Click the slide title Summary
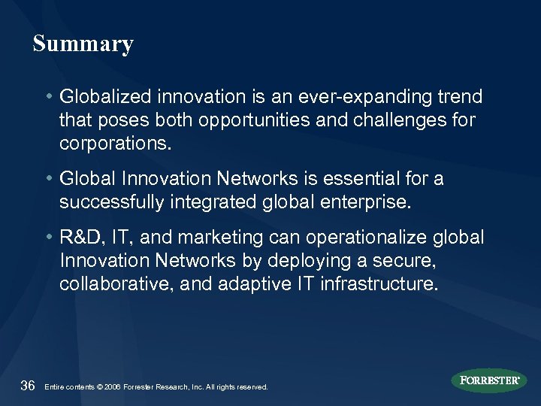pyautogui.click(x=83, y=44)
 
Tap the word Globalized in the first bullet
pyautogui.click(x=98, y=98)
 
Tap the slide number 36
pyautogui.click(x=28, y=386)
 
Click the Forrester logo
pyautogui.click(x=488, y=380)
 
